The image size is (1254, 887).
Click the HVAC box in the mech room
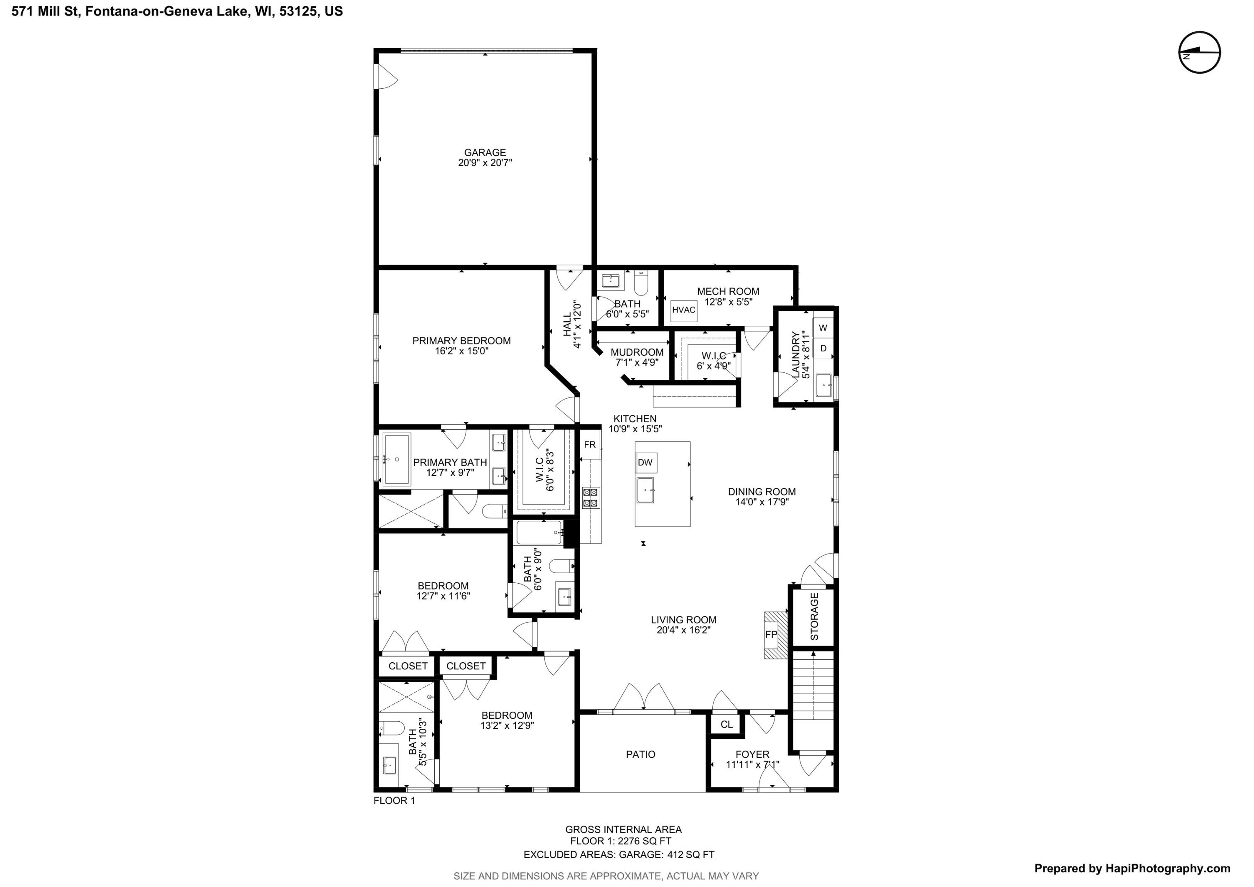(683, 310)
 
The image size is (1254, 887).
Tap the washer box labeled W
(823, 328)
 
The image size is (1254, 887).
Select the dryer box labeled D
(823, 348)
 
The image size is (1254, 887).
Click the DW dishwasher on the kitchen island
(645, 462)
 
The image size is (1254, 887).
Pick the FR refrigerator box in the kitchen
(590, 444)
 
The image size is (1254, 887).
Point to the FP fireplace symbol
(771, 635)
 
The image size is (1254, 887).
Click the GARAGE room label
(484, 152)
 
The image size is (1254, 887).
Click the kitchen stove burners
(590, 497)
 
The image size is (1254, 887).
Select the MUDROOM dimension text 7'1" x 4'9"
(637, 362)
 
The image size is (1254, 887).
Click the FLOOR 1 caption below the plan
(394, 801)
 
